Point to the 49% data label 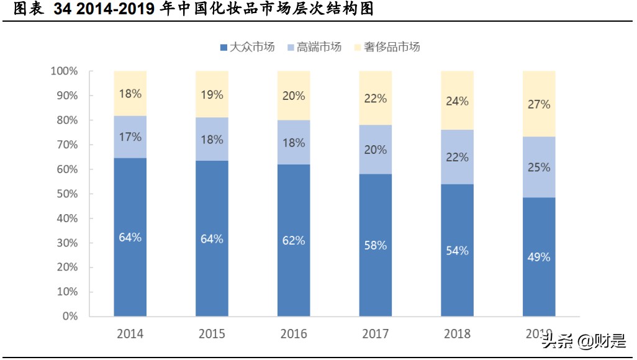point(539,257)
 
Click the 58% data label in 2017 point(376,246)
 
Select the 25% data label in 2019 point(539,167)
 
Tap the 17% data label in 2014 point(130,137)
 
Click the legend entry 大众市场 point(247,47)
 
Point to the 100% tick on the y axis point(64,71)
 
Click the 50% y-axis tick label point(66,194)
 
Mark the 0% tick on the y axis point(70,316)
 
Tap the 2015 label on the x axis point(212,334)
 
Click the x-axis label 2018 point(457,334)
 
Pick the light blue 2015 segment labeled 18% point(212,140)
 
